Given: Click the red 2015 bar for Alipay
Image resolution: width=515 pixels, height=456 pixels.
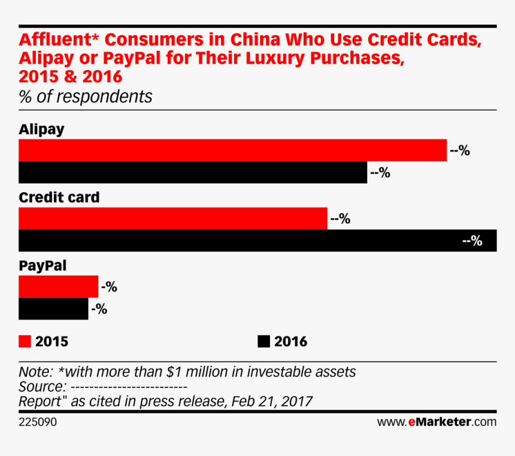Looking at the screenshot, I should pyautogui.click(x=232, y=150).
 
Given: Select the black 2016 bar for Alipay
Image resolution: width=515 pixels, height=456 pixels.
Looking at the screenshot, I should pyautogui.click(x=193, y=172).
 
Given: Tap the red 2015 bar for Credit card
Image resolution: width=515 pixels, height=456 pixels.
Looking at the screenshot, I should pyautogui.click(x=173, y=218).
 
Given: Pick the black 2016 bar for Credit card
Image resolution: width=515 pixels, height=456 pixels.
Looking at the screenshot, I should pyautogui.click(x=240, y=241).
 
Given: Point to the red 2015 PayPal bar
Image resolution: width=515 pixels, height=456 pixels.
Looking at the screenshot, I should pyautogui.click(x=58, y=287).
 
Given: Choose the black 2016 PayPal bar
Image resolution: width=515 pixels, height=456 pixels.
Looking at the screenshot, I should pyautogui.click(x=53, y=309).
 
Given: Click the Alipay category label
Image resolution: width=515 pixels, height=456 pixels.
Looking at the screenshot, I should pyautogui.click(x=41, y=129).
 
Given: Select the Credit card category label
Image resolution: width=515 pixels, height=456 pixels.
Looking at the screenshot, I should pyautogui.click(x=59, y=197).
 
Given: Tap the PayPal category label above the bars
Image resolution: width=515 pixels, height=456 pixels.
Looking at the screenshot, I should pyautogui.click(x=43, y=265).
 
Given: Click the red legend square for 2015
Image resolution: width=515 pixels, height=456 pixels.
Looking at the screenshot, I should pyautogui.click(x=25, y=342).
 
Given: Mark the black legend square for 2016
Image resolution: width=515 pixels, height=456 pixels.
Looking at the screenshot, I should pyautogui.click(x=263, y=342).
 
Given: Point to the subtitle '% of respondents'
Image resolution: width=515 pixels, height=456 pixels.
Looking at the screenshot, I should pyautogui.click(x=86, y=96).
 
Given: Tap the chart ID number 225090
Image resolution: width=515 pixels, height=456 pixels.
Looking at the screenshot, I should pyautogui.click(x=38, y=422).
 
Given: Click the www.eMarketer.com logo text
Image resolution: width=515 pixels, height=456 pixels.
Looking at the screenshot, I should pyautogui.click(x=437, y=422).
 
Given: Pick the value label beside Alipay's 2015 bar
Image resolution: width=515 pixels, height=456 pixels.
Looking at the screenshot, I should pyautogui.click(x=460, y=151).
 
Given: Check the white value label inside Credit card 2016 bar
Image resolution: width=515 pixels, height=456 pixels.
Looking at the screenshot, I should pyautogui.click(x=472, y=241).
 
